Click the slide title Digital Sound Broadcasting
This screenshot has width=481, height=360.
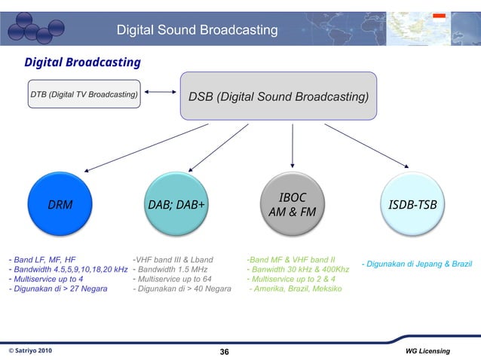coord(197,30)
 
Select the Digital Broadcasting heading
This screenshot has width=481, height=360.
coord(82,62)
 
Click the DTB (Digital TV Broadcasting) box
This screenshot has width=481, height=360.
coord(84,94)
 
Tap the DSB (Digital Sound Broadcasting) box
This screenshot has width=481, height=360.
coord(278,96)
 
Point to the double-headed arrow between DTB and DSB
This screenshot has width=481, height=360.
coord(159,93)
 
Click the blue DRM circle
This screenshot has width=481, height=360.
coord(60,203)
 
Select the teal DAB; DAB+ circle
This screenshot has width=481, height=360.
coord(176,203)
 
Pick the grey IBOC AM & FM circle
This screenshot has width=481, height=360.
coord(292,203)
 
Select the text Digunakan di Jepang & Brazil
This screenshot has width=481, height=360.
coord(416,264)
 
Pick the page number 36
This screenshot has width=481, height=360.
coord(224,352)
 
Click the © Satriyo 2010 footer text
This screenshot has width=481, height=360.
coord(30,351)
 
